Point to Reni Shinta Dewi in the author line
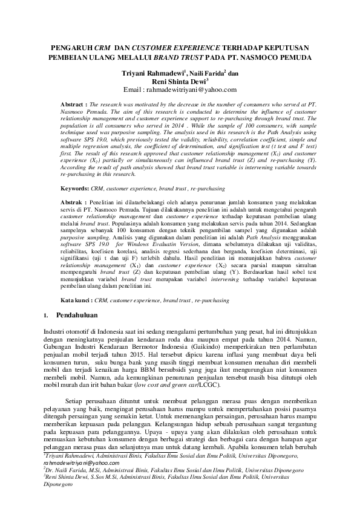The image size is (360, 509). click(178, 82)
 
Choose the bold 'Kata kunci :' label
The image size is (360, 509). click(78, 300)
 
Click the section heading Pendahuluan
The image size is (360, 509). click(81, 315)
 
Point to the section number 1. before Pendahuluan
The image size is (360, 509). click(47, 316)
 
